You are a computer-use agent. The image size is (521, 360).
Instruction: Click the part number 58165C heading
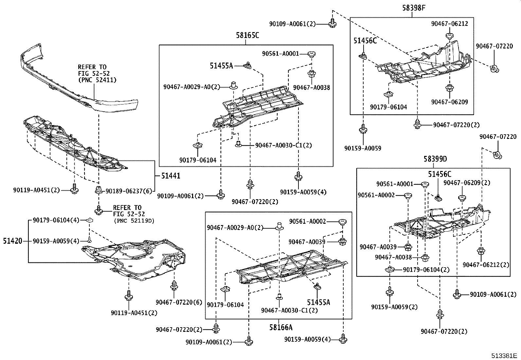pos(247,35)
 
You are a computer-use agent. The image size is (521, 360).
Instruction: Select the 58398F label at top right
pos(414,8)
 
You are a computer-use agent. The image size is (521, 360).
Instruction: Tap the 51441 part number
pos(171,176)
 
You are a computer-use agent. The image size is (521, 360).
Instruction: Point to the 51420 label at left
pos(13,241)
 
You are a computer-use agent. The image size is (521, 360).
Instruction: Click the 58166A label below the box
pos(281,327)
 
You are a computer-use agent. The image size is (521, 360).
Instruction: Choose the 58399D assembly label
pos(435,159)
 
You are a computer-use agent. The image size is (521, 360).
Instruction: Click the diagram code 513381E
pos(503,355)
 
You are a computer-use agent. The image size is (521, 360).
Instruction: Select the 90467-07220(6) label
pos(179,302)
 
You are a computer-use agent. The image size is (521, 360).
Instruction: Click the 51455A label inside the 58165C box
pos(221,66)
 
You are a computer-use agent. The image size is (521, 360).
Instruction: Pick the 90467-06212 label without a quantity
pos(449,24)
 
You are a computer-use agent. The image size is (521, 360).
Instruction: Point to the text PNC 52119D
pos(134,221)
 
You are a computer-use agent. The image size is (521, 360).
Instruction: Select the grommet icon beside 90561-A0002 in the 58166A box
pos(342,222)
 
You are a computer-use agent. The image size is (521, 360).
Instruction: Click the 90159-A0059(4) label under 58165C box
pos(303,192)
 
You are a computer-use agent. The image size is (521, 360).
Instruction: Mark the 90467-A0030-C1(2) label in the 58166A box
pos(289,310)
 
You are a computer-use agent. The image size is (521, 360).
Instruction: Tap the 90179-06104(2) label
pos(426,270)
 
